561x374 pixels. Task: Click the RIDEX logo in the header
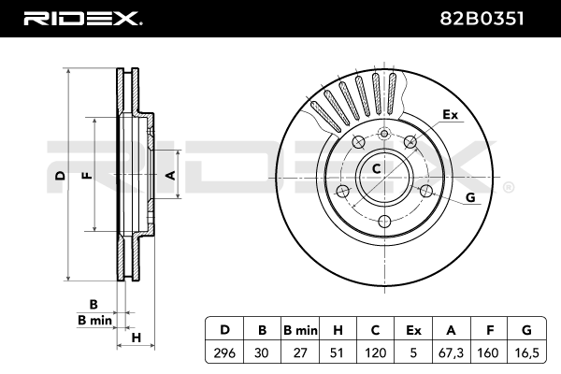coord(81,17)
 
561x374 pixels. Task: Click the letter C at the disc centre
coord(377,169)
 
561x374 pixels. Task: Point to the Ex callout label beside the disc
coord(451,115)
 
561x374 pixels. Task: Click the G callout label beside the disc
coord(469,196)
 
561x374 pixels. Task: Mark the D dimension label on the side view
coord(59,175)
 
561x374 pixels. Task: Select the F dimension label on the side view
coord(85,175)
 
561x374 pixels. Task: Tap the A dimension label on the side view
coord(170,175)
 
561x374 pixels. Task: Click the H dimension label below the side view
coord(136,337)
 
